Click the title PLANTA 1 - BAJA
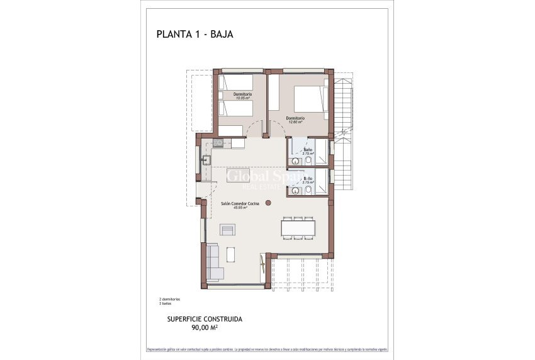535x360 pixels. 194,35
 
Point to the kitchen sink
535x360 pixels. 206,159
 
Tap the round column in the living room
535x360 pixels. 269,203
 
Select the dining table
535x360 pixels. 299,228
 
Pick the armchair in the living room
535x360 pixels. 226,230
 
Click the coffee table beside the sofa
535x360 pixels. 231,254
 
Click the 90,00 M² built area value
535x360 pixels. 205,327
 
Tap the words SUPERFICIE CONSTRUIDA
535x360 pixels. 205,319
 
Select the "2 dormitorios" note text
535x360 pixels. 169,298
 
